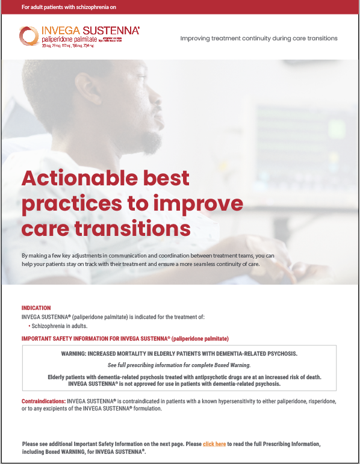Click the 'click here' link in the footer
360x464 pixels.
pos(214,444)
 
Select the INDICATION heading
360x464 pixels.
pos(36,308)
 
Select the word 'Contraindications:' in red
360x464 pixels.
pos(43,401)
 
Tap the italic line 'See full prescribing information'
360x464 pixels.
pos(179,365)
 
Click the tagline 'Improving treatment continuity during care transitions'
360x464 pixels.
pos(259,39)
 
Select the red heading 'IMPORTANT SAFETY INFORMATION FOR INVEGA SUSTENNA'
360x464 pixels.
pos(125,338)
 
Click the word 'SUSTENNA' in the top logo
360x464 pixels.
pos(113,29)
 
